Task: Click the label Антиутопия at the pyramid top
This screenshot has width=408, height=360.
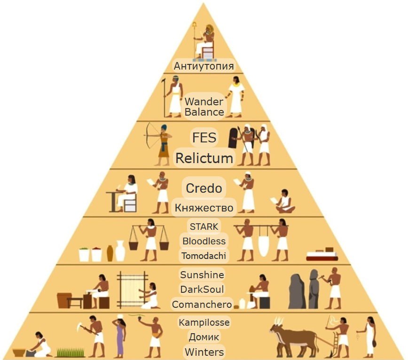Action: click(x=204, y=66)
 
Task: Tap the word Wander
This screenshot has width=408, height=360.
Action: click(x=204, y=102)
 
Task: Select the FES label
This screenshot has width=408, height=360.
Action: click(x=204, y=138)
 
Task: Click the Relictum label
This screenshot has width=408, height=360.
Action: click(x=204, y=158)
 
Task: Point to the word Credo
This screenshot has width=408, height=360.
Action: click(x=204, y=188)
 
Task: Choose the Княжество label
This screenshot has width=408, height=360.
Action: click(x=204, y=208)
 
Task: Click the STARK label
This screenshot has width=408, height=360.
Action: click(x=204, y=226)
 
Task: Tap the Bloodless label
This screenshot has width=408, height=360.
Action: click(x=204, y=241)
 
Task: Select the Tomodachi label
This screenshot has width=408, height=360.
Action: click(x=204, y=256)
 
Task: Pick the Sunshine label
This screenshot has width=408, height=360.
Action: click(x=202, y=274)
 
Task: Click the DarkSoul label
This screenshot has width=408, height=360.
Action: click(x=202, y=289)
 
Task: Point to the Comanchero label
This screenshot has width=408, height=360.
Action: click(x=202, y=305)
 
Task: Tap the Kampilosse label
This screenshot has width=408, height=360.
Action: click(x=204, y=322)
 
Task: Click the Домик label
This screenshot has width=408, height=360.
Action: click(x=204, y=337)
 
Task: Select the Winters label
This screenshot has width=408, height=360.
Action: click(x=204, y=352)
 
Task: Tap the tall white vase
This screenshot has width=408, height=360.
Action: click(x=120, y=251)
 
